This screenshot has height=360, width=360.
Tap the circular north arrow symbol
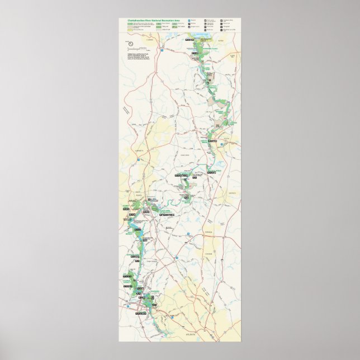tap(130, 43)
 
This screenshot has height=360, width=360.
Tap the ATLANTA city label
tap(192, 333)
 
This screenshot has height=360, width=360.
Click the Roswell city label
tap(148, 203)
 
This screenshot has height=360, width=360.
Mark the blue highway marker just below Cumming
tap(159, 50)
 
